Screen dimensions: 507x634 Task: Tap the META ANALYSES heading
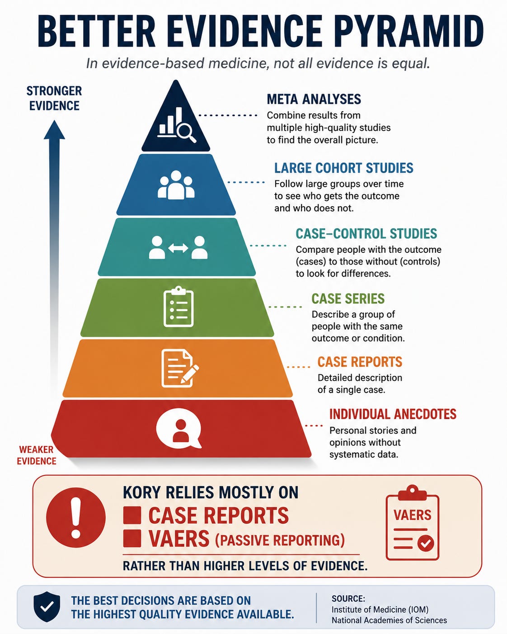point(314,99)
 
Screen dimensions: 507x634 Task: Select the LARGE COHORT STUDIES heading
point(343,168)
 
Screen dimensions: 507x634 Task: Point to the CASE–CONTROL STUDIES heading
point(366,234)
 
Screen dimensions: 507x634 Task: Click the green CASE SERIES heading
point(348,299)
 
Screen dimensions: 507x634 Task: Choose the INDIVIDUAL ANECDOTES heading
point(393,414)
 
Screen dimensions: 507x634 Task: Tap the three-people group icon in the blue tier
point(176,185)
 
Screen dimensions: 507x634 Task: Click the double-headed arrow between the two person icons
point(178,248)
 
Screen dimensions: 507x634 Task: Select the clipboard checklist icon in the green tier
point(178,307)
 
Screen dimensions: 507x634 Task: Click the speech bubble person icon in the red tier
point(179,431)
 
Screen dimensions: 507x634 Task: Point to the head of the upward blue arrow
point(54,130)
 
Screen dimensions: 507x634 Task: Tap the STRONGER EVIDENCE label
point(54,99)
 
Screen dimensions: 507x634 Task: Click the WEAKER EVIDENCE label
point(37,455)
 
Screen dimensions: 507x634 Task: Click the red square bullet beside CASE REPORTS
point(132,515)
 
